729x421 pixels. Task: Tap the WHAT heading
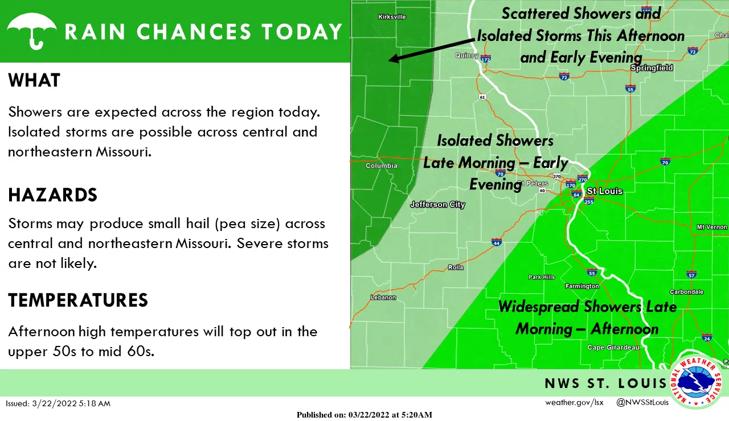pos(34,80)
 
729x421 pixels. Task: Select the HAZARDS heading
pos(52,195)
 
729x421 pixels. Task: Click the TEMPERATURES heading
pos(78,300)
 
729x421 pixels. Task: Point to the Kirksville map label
pos(392,17)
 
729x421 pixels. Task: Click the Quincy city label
pos(466,56)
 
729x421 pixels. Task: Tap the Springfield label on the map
pos(652,68)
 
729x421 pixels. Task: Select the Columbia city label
pos(381,166)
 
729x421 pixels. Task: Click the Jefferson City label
pos(437,205)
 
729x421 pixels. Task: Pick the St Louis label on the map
pos(604,191)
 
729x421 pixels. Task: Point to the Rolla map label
pos(456,267)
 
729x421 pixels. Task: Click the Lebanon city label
pos(383,298)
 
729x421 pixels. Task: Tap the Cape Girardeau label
pos(613,348)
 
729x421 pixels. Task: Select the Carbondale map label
pos(686,292)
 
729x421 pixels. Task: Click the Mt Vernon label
pos(711,227)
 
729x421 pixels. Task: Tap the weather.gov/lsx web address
pos(574,403)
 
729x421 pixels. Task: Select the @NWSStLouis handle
pos(642,403)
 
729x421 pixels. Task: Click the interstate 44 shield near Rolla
pos(497,242)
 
